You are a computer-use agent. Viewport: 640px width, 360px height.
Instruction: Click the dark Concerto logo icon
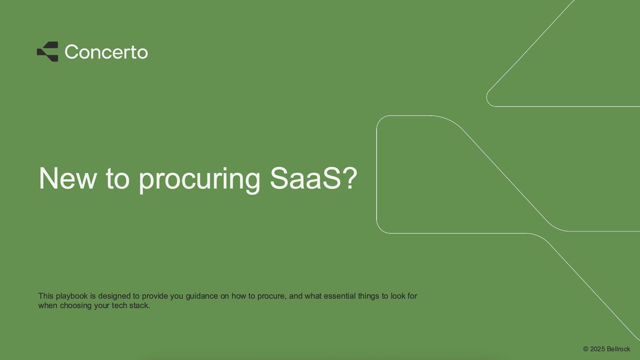47,51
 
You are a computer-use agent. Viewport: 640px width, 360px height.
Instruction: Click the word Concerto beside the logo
106,52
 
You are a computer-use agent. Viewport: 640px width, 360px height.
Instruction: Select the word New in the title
68,178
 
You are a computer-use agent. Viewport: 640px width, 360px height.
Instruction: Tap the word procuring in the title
199,180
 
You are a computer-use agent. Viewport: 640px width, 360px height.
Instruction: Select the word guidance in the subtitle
202,296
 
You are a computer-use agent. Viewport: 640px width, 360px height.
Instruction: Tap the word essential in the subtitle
339,296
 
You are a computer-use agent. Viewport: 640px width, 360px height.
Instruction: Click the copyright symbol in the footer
586,349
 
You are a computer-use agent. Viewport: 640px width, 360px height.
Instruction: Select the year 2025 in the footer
598,349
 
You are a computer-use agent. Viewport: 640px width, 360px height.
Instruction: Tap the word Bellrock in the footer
618,349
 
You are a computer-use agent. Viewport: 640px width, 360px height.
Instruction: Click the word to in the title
118,179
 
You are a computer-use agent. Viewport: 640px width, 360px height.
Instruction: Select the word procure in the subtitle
271,297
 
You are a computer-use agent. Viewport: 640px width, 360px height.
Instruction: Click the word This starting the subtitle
46,296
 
